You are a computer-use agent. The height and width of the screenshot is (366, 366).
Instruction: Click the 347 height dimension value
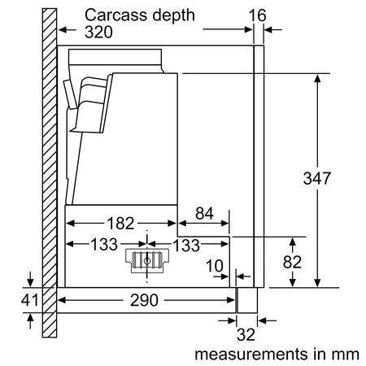pyautogui.click(x=317, y=178)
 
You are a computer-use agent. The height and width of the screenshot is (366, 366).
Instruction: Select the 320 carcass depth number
pyautogui.click(x=98, y=32)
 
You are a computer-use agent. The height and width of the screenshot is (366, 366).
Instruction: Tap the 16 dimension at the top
pyautogui.click(x=258, y=15)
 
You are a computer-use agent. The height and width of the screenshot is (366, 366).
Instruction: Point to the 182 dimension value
pyautogui.click(x=120, y=224)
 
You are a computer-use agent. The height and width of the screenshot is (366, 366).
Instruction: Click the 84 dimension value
pyautogui.click(x=204, y=213)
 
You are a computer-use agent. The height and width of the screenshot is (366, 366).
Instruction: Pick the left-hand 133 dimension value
pyautogui.click(x=104, y=244)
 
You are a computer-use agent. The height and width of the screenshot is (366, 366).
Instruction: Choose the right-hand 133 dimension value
pyautogui.click(x=186, y=246)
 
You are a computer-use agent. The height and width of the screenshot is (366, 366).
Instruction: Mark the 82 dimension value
pyautogui.click(x=292, y=262)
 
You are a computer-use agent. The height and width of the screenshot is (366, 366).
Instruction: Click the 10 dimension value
pyautogui.click(x=215, y=266)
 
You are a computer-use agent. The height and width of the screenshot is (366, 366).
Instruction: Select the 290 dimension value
pyautogui.click(x=144, y=300)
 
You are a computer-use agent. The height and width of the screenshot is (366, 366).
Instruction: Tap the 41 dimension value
pyautogui.click(x=30, y=300)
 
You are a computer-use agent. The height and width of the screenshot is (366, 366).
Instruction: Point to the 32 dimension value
pyautogui.click(x=246, y=334)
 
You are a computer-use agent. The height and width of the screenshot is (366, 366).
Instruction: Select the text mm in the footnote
pyautogui.click(x=345, y=355)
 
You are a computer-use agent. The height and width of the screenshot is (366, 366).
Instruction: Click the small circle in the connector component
pyautogui.click(x=147, y=261)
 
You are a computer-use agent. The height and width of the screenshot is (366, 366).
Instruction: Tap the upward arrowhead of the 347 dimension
pyautogui.click(x=317, y=79)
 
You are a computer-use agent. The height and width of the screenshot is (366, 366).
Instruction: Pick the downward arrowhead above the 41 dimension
pyautogui.click(x=30, y=282)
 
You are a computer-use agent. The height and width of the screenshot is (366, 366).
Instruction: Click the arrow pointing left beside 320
pyautogui.click(x=68, y=29)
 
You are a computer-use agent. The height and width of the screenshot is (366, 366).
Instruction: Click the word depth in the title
pyautogui.click(x=173, y=15)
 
